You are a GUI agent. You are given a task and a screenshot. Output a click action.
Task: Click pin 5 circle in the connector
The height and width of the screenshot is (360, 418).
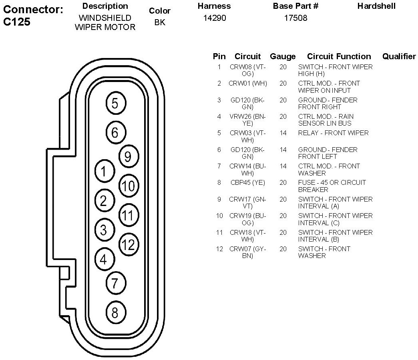(x=115, y=104)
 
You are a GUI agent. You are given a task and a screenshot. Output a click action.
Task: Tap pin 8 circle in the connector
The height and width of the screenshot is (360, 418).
(x=115, y=312)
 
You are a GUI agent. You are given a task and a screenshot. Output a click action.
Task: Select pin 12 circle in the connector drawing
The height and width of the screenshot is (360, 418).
(x=129, y=244)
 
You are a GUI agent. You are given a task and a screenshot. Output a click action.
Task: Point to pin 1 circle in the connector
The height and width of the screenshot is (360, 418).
(x=104, y=172)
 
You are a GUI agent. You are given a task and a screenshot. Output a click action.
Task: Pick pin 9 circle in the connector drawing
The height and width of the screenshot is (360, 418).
(x=128, y=157)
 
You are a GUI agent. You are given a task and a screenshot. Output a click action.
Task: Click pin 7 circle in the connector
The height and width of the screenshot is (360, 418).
(x=115, y=283)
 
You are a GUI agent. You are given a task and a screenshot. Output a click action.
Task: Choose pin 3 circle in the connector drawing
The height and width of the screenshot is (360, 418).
(x=104, y=230)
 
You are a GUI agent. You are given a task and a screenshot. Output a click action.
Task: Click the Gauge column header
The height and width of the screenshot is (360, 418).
(x=283, y=56)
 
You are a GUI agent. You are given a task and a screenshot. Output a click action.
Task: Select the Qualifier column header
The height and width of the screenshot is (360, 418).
(x=399, y=56)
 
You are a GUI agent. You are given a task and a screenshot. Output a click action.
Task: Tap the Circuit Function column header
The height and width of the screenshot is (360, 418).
(x=339, y=56)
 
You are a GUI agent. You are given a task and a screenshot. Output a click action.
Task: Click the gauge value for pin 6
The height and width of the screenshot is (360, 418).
(x=283, y=150)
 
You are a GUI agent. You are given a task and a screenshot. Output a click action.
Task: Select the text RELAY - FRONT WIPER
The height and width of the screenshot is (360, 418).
(x=333, y=133)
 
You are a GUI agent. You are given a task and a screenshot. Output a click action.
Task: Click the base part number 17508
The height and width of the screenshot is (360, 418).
(x=295, y=18)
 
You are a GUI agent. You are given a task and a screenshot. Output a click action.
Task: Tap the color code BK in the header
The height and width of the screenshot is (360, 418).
(x=159, y=22)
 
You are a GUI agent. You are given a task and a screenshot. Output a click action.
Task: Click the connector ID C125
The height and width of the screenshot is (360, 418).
(x=17, y=22)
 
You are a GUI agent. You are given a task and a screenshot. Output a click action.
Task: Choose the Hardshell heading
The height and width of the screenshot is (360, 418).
(x=376, y=6)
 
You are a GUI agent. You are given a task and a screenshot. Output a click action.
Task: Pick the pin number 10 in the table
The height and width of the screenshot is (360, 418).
(x=219, y=216)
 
